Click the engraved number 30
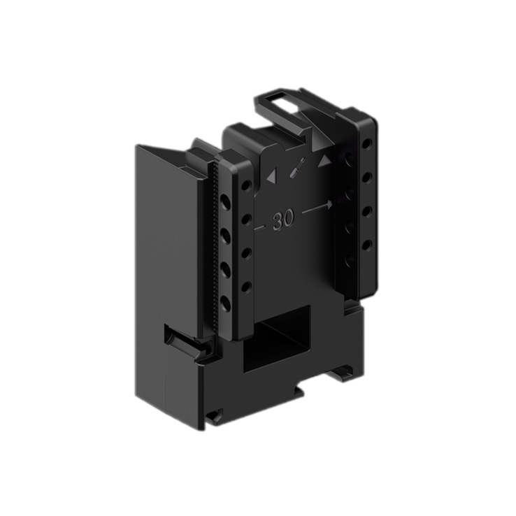[x=283, y=220]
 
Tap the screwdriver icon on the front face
[x=297, y=168]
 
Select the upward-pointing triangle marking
[x=324, y=160]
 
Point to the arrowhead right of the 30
[x=329, y=206]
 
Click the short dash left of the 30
[x=259, y=227]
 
